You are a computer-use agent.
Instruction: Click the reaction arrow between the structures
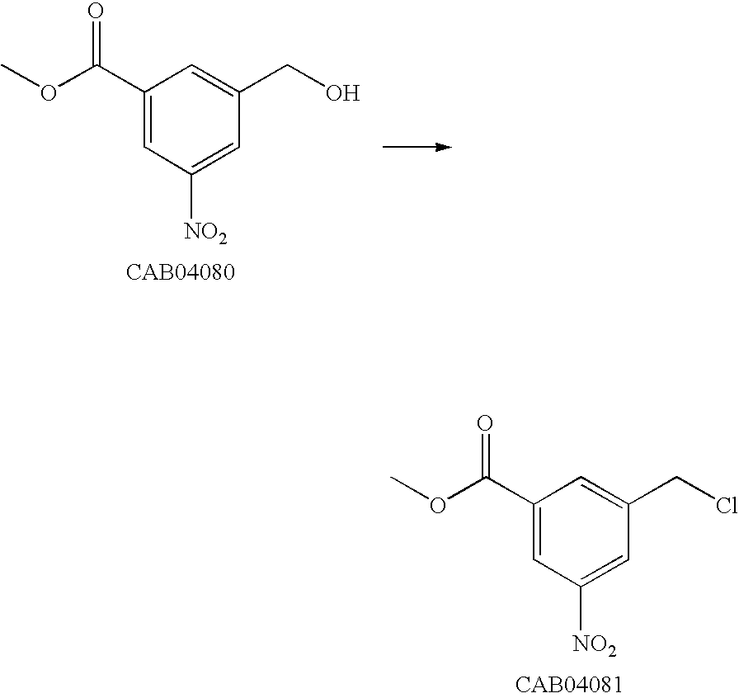tap(417, 147)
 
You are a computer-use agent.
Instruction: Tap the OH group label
tap(341, 92)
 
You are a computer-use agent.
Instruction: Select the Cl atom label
tap(726, 506)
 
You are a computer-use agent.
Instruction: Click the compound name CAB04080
tap(180, 273)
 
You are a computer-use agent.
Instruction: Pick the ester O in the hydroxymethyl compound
tap(49, 92)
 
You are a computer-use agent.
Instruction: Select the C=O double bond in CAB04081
tap(487, 455)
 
